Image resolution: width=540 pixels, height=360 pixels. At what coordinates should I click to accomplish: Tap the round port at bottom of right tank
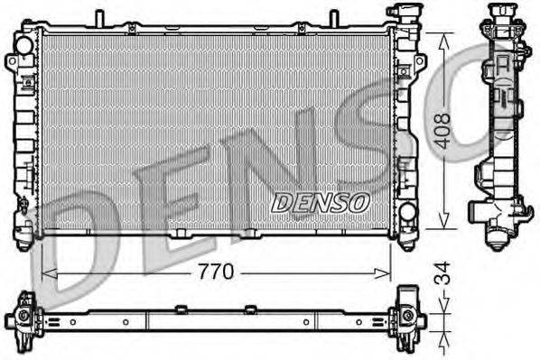[407, 213]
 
